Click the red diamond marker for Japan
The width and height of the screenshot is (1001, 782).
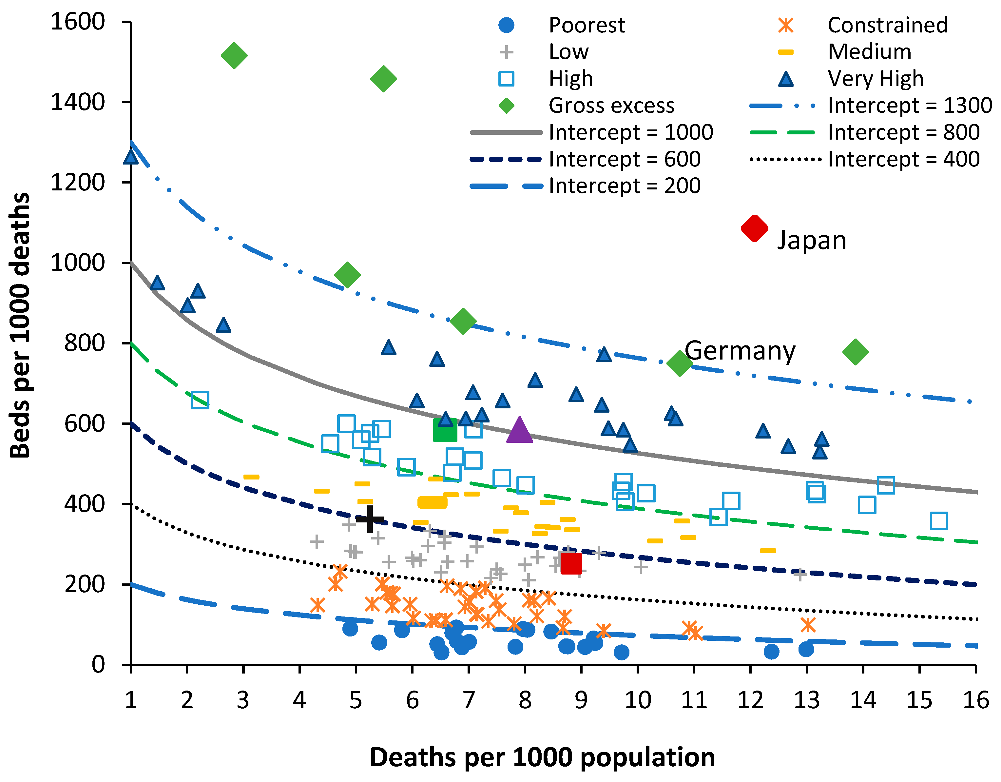point(754,228)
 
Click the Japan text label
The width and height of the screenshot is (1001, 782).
point(812,240)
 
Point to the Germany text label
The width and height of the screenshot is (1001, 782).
point(740,351)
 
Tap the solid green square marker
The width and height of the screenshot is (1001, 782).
point(445,430)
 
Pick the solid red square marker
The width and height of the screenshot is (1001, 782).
point(571,563)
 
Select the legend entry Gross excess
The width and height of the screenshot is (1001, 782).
point(611,106)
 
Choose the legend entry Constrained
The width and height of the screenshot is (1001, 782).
point(887,25)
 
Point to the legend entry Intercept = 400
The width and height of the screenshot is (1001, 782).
point(903,159)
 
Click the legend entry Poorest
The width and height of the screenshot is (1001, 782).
point(587,25)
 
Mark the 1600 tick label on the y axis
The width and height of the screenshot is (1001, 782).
point(78,22)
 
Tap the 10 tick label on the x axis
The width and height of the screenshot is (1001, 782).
point(638,700)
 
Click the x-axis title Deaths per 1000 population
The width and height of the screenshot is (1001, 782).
point(542,757)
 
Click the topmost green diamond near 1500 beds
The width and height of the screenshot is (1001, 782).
point(234,55)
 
